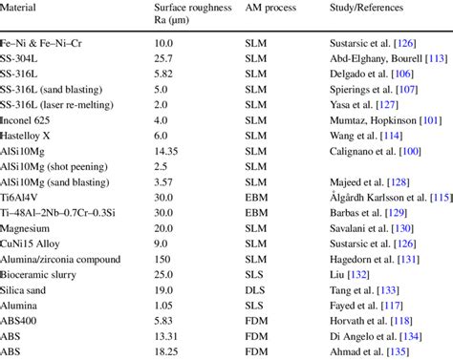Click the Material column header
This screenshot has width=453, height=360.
point(18,8)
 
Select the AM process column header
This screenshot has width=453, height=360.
point(270,8)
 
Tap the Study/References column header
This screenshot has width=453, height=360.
point(366,8)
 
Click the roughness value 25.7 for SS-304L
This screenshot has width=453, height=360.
point(163,58)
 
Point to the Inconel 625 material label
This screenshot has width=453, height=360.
point(25,120)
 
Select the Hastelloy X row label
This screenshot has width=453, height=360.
point(25,136)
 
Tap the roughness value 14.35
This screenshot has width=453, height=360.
point(166,151)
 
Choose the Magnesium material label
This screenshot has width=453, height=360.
point(25,228)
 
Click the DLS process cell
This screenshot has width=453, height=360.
point(255,290)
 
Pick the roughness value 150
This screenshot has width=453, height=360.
point(162,260)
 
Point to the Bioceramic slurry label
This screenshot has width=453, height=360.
point(38,275)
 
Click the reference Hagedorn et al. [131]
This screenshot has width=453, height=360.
point(375,260)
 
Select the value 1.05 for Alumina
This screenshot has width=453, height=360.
point(163,306)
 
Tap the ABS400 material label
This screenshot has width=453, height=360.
point(18,321)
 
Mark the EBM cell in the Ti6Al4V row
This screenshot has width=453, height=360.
point(256,198)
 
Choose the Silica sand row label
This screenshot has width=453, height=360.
point(23,290)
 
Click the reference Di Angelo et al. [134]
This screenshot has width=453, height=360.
point(376,336)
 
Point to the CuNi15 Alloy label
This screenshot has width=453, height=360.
point(30,244)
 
